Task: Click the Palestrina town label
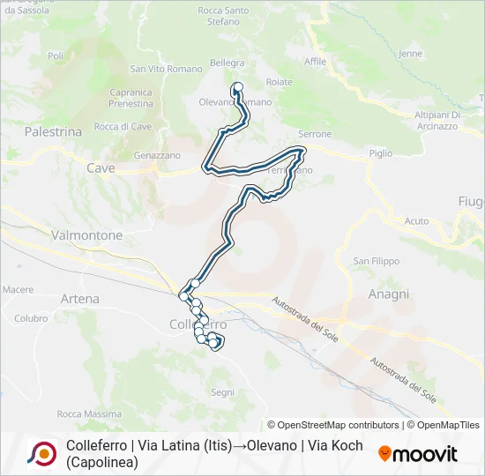click(x=53, y=131)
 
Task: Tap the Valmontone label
click(x=87, y=235)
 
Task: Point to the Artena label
click(x=80, y=300)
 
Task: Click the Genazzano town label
click(x=157, y=155)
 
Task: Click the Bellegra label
click(x=228, y=63)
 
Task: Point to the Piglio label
click(x=381, y=153)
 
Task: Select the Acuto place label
click(x=417, y=221)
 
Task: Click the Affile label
click(x=315, y=62)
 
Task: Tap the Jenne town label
click(x=411, y=53)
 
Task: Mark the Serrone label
click(x=315, y=134)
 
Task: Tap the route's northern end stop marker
click(x=236, y=86)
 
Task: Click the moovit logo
click(x=418, y=454)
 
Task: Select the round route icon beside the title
click(x=41, y=453)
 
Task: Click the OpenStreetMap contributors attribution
click(x=332, y=425)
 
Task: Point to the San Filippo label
click(x=377, y=261)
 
